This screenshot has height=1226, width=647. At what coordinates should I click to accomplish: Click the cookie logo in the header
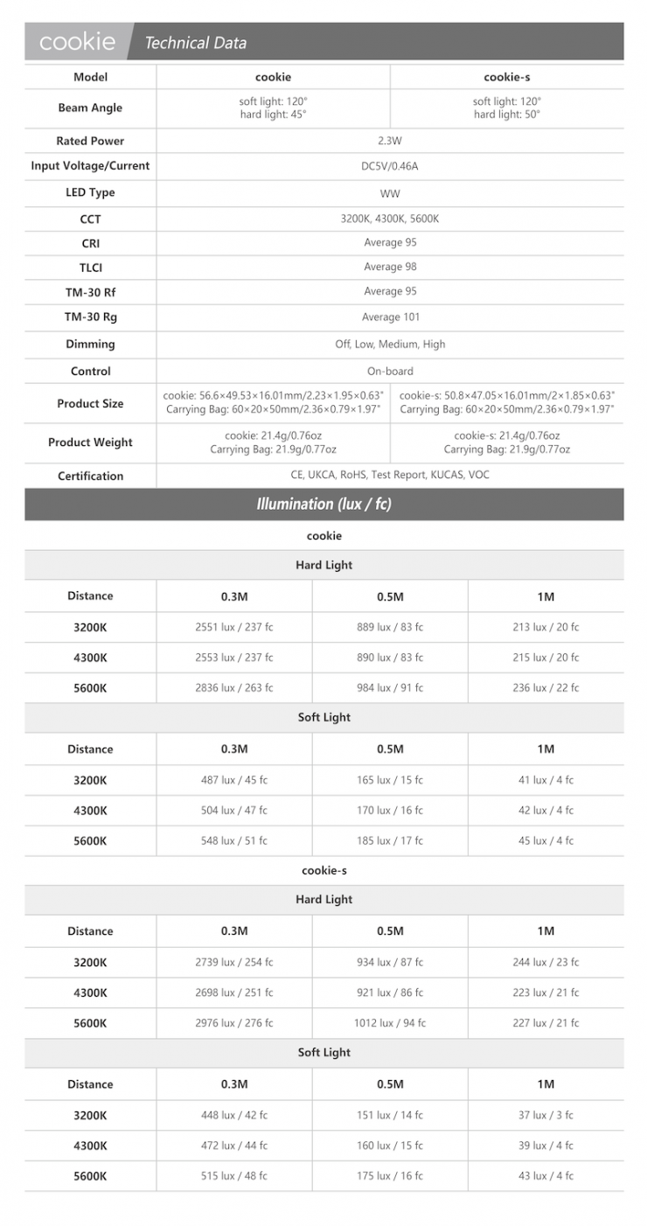coord(77,41)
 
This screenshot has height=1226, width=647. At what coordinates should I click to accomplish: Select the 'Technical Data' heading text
coord(195,42)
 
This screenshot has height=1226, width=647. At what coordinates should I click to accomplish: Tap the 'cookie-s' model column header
coord(506,77)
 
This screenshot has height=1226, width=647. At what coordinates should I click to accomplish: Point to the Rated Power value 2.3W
coord(389,141)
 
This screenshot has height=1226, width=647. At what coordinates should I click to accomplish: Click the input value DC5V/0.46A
coord(389,166)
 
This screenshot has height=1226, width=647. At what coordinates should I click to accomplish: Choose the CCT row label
coord(90,219)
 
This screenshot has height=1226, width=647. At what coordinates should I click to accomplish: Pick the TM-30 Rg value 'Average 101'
coord(390,317)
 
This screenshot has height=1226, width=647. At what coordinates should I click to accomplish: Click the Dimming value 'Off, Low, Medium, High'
coord(390,344)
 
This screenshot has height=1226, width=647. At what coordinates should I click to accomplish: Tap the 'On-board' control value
coord(390,371)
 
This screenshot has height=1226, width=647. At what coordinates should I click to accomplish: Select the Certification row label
coord(90,476)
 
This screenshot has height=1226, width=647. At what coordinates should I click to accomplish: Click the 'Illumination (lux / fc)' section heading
coord(323,505)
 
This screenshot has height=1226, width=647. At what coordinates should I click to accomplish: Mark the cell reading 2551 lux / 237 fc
coord(233,627)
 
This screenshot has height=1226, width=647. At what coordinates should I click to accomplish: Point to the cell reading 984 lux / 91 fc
coord(390,688)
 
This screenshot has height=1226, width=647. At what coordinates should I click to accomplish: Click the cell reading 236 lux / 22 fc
coord(546,688)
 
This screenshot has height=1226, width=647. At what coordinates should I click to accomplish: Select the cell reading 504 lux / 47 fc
coord(233,811)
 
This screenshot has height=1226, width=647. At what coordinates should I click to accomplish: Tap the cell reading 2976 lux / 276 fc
coord(233,1023)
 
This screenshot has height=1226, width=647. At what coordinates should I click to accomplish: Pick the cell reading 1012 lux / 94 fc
coord(390,1023)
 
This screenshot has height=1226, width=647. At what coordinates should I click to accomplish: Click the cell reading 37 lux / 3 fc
coord(546,1115)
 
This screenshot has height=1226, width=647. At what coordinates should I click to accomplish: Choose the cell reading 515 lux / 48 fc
coord(233,1176)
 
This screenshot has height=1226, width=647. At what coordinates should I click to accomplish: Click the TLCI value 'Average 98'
coord(390,268)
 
